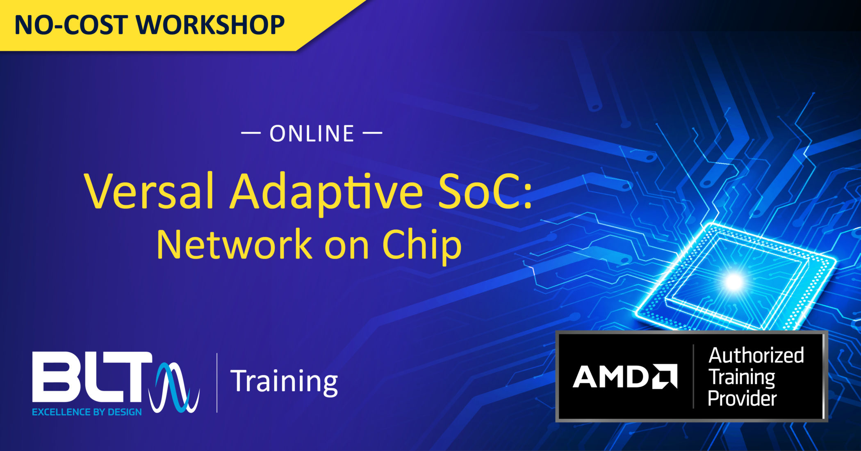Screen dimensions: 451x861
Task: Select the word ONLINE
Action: [312, 134]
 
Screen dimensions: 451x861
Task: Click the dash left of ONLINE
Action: [251, 133]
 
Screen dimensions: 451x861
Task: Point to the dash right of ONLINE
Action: [372, 133]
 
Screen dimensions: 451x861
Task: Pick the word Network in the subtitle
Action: [234, 245]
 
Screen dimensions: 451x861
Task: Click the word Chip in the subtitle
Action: [422, 245]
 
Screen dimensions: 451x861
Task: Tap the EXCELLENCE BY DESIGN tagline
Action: [87, 412]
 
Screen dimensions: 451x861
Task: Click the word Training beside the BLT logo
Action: [284, 382]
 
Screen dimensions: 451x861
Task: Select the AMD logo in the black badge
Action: [624, 376]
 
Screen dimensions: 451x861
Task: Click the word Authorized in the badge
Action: [756, 355]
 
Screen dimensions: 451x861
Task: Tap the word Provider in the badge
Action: [742, 398]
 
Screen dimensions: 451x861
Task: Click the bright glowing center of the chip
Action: [734, 282]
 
